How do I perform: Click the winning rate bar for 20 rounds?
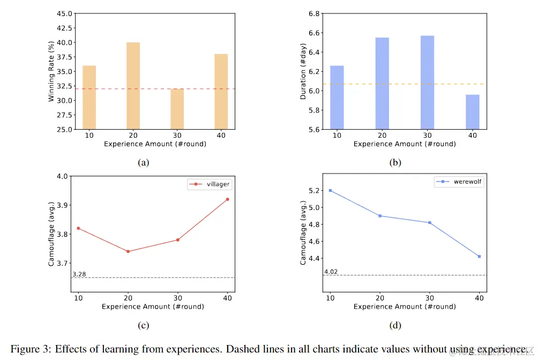(x=133, y=86)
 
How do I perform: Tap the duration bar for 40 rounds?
(x=473, y=112)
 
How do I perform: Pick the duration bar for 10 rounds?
(x=337, y=97)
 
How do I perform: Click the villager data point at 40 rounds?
(x=227, y=199)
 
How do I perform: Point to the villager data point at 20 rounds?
(x=128, y=251)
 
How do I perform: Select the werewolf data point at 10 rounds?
(x=331, y=190)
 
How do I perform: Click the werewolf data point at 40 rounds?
(x=480, y=256)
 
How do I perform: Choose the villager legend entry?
(x=210, y=184)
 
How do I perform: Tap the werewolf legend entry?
(x=459, y=182)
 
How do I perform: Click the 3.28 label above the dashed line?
(x=79, y=274)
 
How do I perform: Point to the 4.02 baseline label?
(x=331, y=272)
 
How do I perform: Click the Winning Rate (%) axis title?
(x=51, y=72)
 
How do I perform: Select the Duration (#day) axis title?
(x=303, y=72)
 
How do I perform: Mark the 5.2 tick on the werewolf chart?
(x=315, y=191)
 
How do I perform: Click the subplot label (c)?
(x=143, y=325)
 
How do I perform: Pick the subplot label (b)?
(x=395, y=162)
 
